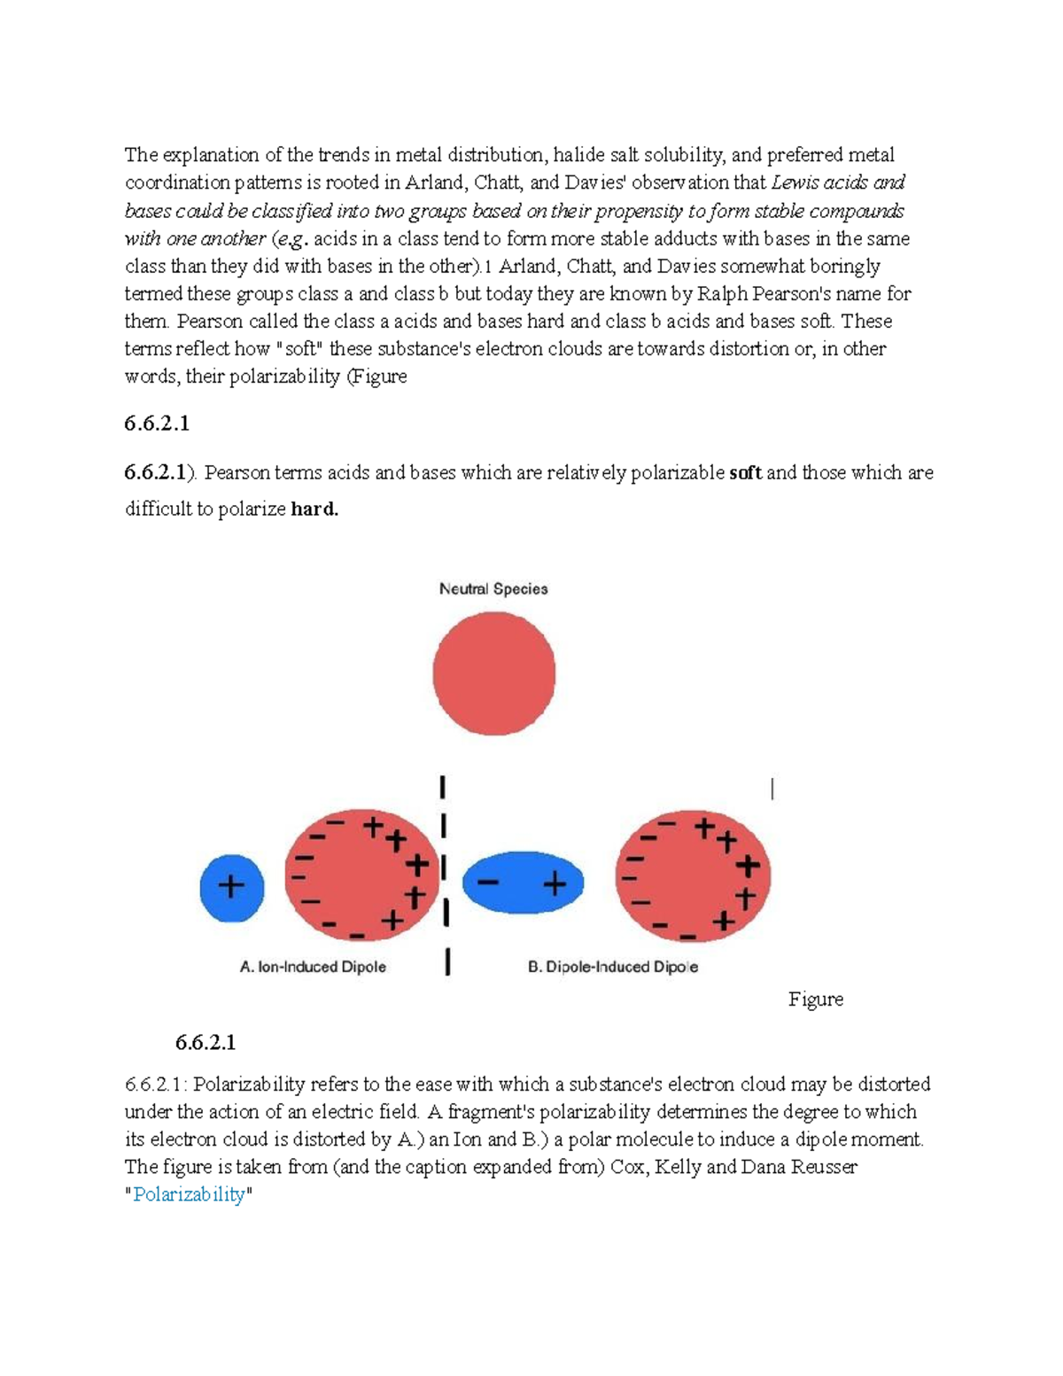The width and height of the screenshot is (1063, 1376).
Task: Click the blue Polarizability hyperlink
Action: [189, 1194]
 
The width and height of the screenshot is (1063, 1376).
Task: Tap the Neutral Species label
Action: [493, 589]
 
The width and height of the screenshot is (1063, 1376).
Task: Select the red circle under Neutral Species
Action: [493, 674]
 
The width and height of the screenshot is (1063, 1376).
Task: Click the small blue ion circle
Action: [231, 887]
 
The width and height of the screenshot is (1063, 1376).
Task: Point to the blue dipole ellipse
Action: [523, 882]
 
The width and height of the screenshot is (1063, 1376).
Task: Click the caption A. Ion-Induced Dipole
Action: [313, 967]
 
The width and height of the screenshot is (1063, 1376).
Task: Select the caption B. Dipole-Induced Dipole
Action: [612, 967]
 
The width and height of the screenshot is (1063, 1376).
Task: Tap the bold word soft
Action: [745, 473]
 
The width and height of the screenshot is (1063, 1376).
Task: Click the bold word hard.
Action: [314, 509]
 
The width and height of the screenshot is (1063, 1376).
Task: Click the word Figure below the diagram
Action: [815, 999]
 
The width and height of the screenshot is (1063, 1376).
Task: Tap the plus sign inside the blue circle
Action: [231, 886]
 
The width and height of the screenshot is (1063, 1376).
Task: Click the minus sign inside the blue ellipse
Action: [487, 883]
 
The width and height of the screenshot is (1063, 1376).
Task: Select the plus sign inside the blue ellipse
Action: [555, 883]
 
